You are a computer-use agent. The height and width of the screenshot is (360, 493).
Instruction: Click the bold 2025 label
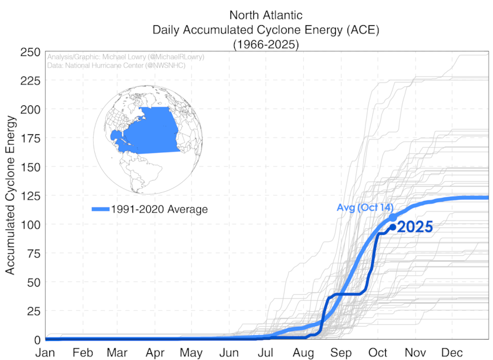pyautogui.click(x=415, y=227)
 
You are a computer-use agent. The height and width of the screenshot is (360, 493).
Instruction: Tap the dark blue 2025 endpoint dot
pyautogui.click(x=393, y=227)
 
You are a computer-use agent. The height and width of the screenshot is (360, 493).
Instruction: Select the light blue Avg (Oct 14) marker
pyautogui.click(x=393, y=218)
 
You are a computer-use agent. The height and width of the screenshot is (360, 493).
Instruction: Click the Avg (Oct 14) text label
pyautogui.click(x=365, y=207)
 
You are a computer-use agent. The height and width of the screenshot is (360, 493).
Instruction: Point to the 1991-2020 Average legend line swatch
pyautogui.click(x=100, y=210)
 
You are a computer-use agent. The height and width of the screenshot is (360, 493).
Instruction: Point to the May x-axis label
pyautogui.click(x=191, y=353)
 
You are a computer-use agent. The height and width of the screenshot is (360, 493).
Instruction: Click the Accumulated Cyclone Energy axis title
pyautogui.click(x=10, y=195)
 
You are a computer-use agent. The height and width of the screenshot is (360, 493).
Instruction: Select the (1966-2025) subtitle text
pyautogui.click(x=266, y=44)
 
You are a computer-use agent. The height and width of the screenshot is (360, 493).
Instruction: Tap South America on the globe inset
pyautogui.click(x=142, y=173)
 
